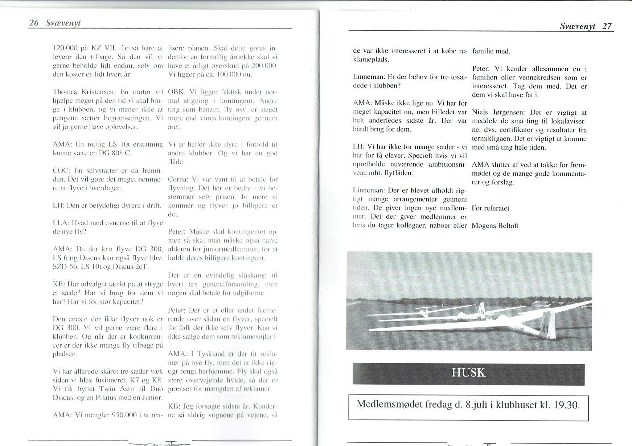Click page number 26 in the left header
pos(34,23)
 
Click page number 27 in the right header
pos(607,26)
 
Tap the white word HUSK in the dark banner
pos(468,373)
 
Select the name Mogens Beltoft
pos(495,226)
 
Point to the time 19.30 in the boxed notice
pos(566,404)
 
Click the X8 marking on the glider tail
pos(481,312)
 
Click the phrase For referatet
pos(491,208)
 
